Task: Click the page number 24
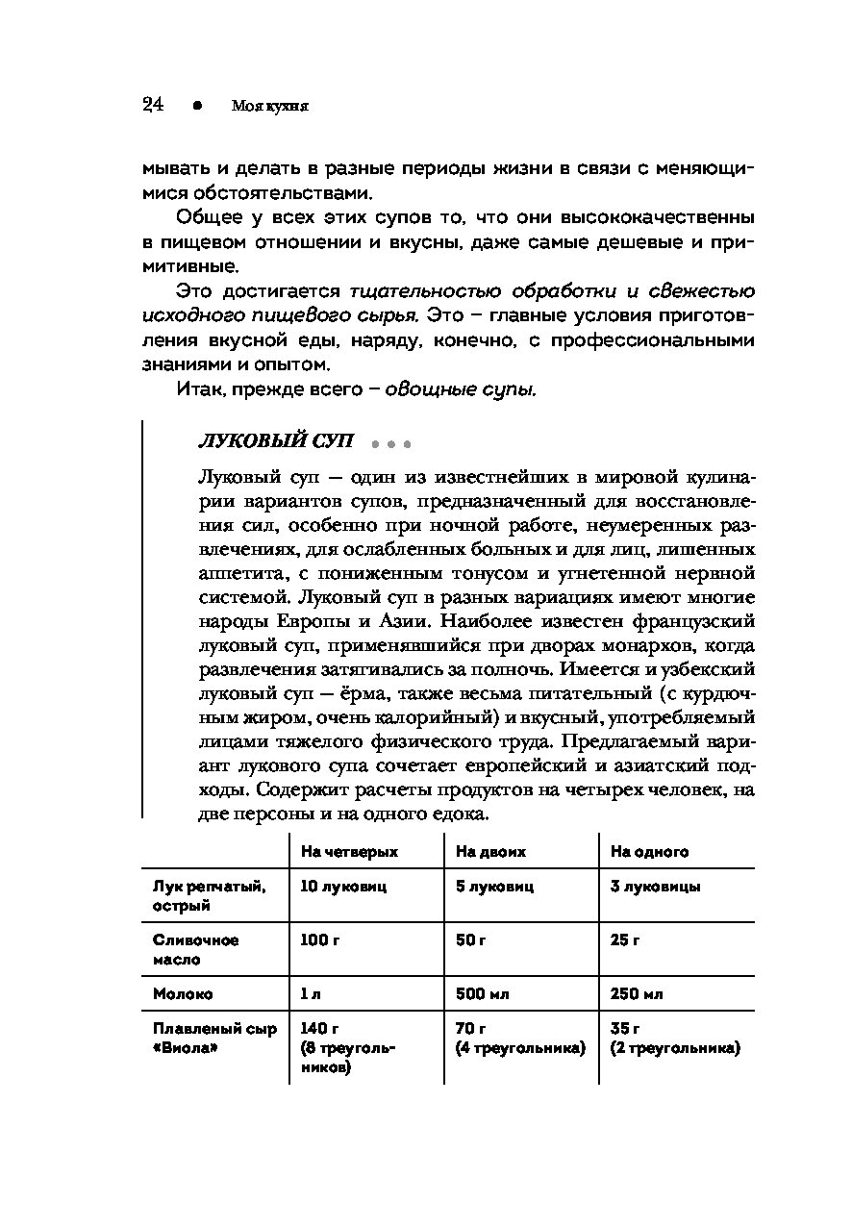point(153,105)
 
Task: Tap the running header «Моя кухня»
point(269,107)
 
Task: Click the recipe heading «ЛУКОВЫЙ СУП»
point(275,441)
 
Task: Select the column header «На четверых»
point(349,852)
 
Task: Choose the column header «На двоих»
point(490,852)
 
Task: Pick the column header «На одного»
point(649,852)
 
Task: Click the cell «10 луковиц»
point(343,887)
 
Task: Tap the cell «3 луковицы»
point(655,887)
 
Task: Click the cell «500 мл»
point(482,993)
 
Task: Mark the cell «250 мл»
point(637,993)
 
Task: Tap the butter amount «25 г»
point(625,939)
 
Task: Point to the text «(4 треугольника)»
point(520,1048)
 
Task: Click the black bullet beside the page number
point(196,106)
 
